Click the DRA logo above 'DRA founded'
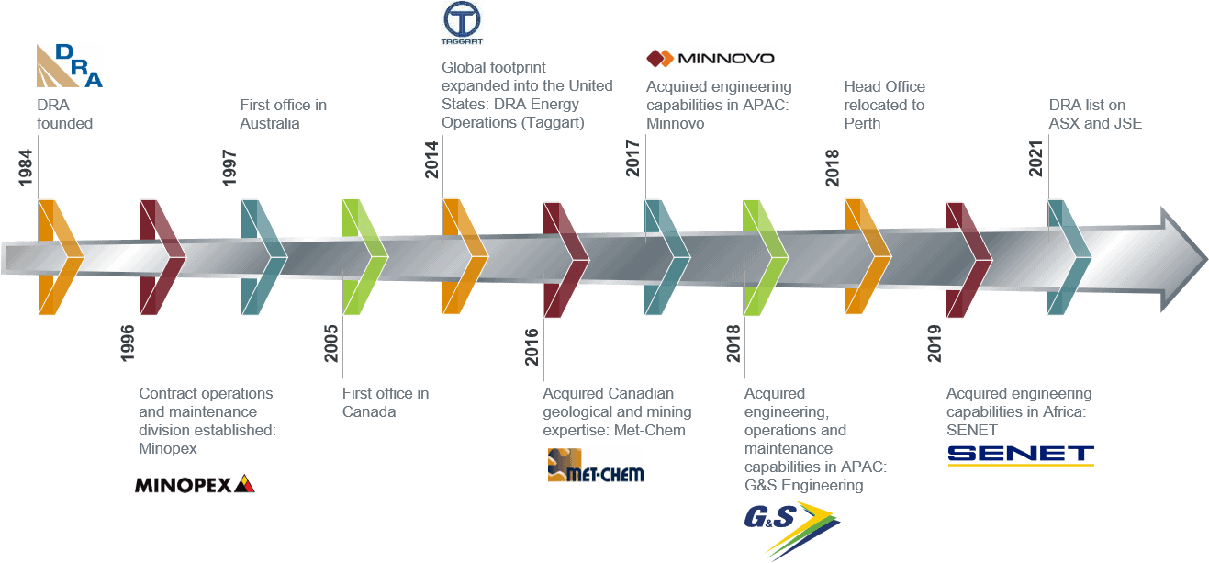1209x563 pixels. pos(69,65)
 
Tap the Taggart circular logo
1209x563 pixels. pos(462,23)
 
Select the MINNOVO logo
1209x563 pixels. pos(711,59)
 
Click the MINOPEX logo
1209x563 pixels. pos(194,484)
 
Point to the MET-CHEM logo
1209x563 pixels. pos(595,466)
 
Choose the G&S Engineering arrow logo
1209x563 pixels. pos(791,527)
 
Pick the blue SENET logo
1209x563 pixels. pos(1020,455)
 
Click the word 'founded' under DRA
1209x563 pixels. pos(65,123)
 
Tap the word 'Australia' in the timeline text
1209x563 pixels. pos(270,123)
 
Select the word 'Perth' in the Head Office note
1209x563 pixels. pos(862,123)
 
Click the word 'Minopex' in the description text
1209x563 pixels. pos(168,448)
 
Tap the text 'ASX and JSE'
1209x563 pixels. pos(1095,123)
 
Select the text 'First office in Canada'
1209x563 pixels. pos(386,402)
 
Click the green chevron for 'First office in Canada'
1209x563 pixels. pos(360,257)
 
